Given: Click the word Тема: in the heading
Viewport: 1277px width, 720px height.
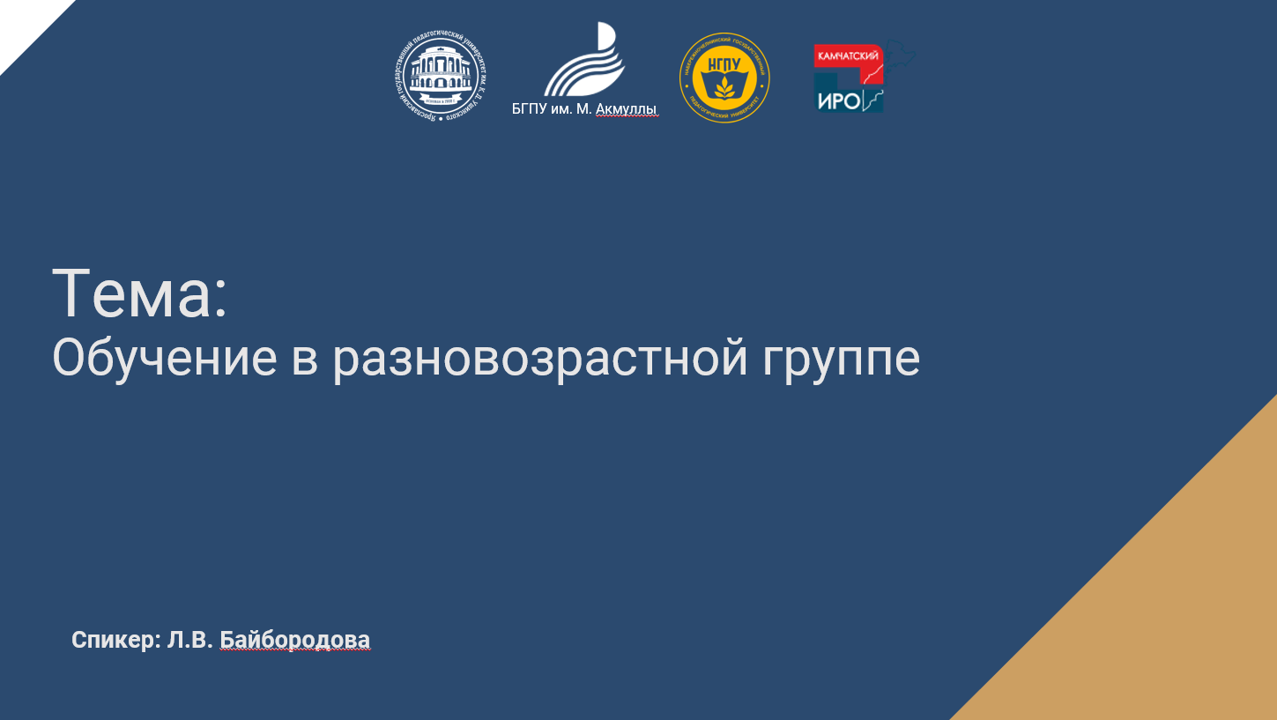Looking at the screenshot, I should point(140,293).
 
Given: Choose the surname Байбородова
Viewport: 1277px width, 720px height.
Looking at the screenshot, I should point(294,640).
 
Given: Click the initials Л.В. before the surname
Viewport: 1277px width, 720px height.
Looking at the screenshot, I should point(189,640).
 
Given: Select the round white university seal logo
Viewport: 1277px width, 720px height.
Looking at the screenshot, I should point(440,78).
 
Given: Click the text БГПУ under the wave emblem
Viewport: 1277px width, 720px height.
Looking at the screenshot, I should point(530,109).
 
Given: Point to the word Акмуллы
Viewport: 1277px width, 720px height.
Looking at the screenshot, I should point(627,109).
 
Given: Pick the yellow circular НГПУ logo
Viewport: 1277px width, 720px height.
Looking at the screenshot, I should point(724,78).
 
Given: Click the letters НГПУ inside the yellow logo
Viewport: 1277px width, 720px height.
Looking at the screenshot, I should point(724,66).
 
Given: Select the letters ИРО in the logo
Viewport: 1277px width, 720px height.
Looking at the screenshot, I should point(838,101).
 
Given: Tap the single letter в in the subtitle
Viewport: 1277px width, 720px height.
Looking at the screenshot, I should point(304,360).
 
